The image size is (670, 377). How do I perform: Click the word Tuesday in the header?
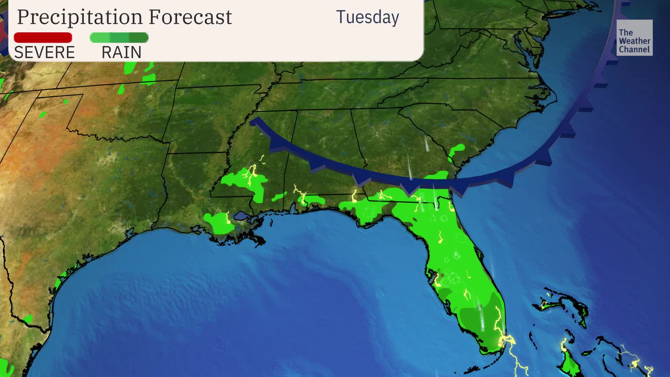(x=367, y=17)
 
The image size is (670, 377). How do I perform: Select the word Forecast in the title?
(x=190, y=17)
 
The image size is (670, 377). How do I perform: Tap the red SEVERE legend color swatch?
(x=43, y=37)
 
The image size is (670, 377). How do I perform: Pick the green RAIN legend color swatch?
(x=119, y=37)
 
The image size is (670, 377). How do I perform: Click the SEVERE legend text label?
(x=44, y=53)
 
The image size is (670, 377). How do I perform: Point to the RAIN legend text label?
(x=121, y=53)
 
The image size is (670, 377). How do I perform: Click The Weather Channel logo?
(x=634, y=38)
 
